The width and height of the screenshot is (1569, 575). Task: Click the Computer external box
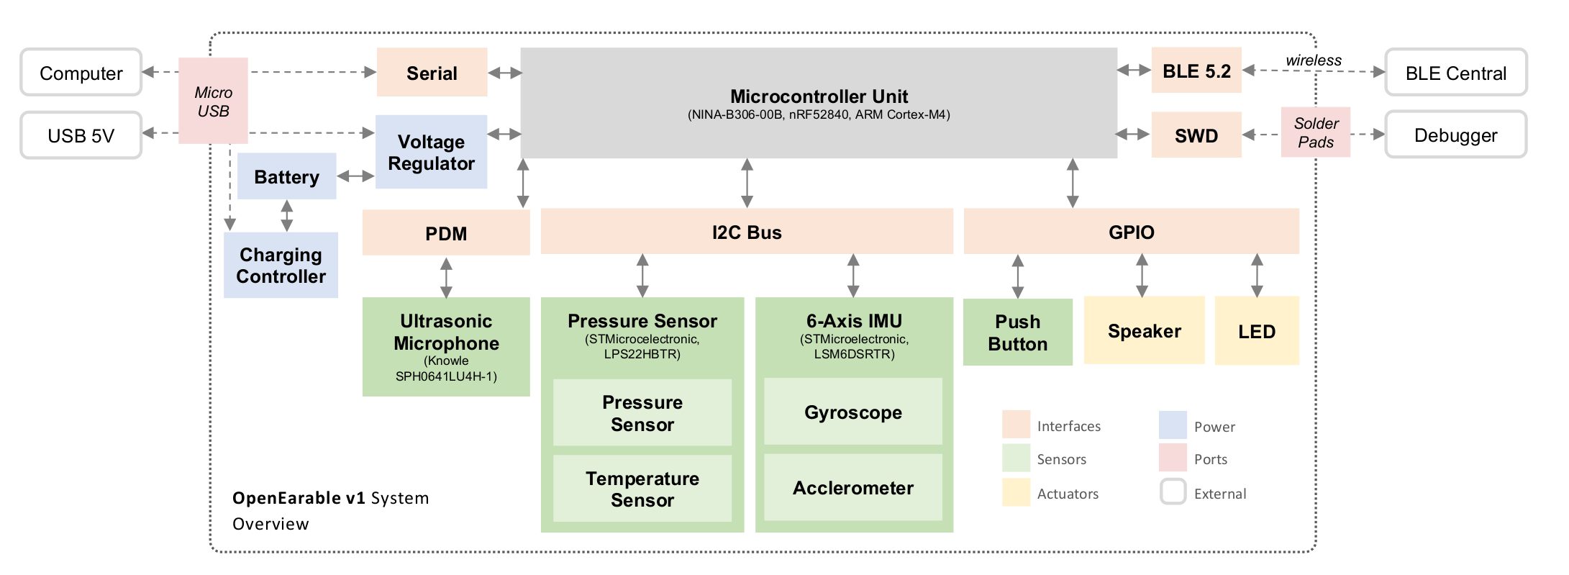coord(81,72)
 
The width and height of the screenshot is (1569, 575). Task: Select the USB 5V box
coord(81,135)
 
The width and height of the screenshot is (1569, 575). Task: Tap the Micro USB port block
coord(213,101)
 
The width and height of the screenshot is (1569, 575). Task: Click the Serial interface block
coord(432,72)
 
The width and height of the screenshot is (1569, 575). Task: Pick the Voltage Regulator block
coord(431,152)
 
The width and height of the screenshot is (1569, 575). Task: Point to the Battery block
coord(286,176)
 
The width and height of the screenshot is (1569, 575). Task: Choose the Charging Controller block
coord(281,265)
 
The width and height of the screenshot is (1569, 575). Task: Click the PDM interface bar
coord(446,232)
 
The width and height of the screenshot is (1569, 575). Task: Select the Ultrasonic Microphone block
coord(446,347)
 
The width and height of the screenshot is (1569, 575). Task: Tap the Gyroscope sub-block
coord(853,412)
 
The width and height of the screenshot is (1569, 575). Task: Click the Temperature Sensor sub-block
coord(642,489)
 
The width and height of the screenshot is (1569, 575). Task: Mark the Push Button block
coord(1018,332)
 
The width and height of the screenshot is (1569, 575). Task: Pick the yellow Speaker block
coord(1144,330)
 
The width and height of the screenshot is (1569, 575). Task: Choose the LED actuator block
coord(1257,331)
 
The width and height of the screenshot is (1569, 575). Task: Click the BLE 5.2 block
coord(1196,71)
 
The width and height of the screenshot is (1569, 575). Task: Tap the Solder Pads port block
coord(1316,132)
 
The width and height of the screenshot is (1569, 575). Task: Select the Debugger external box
coord(1456,135)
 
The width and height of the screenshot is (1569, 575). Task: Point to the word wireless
coord(1314,60)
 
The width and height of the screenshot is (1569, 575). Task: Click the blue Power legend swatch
coord(1173,425)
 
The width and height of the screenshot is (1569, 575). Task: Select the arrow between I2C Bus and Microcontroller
coord(747,184)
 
